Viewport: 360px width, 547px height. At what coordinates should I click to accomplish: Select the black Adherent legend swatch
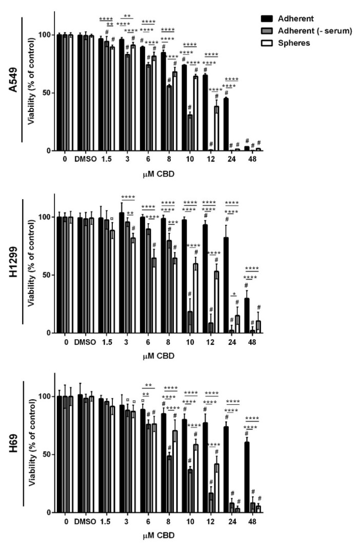(268, 18)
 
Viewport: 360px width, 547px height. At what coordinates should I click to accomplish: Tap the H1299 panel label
(11, 262)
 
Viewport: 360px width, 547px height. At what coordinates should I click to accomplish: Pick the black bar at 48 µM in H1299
(247, 316)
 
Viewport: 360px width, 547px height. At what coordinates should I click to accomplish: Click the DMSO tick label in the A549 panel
(82, 159)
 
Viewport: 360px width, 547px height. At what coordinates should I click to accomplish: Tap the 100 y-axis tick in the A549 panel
(46, 35)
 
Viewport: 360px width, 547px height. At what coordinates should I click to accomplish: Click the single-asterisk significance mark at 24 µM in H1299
(234, 295)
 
